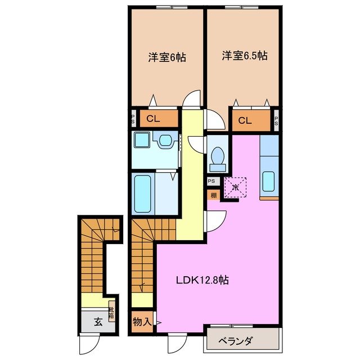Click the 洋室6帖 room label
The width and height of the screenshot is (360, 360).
click(x=167, y=57)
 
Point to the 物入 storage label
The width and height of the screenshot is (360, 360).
click(x=141, y=322)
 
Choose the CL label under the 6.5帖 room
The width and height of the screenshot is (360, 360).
click(x=245, y=119)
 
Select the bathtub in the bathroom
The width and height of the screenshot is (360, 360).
click(x=143, y=193)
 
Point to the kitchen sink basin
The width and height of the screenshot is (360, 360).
click(x=269, y=182)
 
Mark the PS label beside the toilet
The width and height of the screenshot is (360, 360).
click(x=212, y=181)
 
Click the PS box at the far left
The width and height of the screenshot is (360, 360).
click(x=133, y=119)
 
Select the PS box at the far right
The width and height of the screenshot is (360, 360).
click(x=276, y=119)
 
